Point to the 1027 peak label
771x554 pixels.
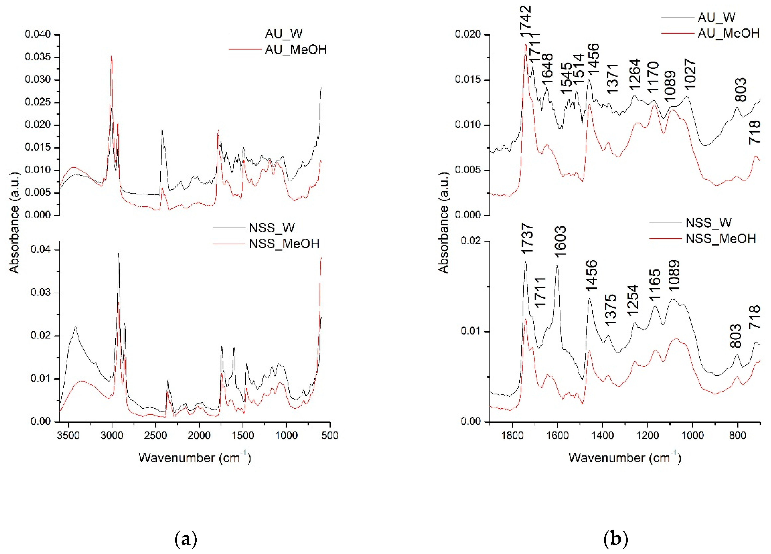coord(690,74)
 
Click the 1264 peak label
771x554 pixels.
coord(634,74)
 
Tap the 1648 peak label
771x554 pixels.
coord(547,69)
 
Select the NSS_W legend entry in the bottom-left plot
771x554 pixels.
coord(272,228)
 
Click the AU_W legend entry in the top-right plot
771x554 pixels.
coord(716,17)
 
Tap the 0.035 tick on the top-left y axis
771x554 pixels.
coord(38,57)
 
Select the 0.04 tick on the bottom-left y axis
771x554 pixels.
coord(40,249)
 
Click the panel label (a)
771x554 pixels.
coord(186,539)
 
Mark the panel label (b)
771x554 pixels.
coord(616,539)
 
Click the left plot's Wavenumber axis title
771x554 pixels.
coord(194,458)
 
